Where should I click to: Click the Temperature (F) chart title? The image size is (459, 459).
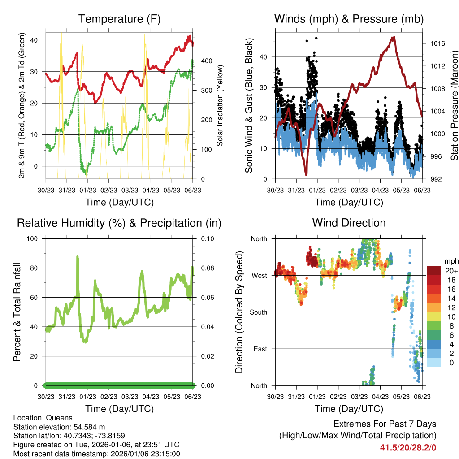[119, 19]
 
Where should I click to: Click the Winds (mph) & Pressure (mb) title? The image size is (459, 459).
[349, 19]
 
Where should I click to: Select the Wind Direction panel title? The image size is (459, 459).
[349, 222]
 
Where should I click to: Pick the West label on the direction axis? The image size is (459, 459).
[259, 275]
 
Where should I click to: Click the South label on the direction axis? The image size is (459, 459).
[258, 312]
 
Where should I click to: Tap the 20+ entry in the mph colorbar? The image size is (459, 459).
[451, 271]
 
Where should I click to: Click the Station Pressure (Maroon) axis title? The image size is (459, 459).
[454, 105]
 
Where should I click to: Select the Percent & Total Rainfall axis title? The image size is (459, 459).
[17, 312]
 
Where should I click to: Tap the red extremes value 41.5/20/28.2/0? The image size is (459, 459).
[408, 447]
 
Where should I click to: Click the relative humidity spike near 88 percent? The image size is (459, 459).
[78, 257]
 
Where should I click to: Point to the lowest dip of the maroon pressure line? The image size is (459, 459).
[306, 174]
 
